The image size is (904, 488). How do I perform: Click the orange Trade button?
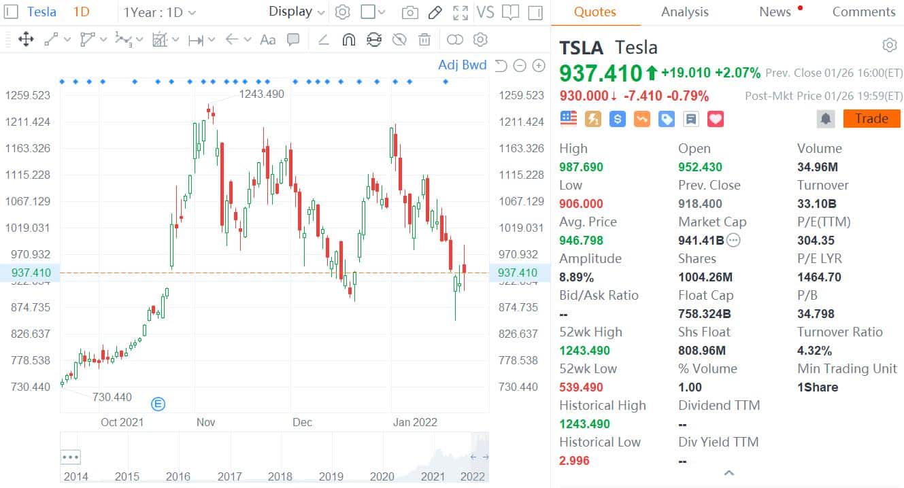coord(871,119)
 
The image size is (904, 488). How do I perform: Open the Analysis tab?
coord(684,12)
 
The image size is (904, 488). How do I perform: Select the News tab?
coord(775,12)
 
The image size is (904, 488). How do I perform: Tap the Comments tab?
coord(864,12)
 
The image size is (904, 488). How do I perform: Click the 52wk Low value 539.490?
coord(581,387)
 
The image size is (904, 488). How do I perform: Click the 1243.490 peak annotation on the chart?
coord(261,94)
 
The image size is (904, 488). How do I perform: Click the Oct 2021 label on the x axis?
coord(122,422)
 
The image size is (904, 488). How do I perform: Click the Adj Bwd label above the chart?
coord(463,65)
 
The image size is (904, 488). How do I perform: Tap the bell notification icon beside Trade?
coord(826,119)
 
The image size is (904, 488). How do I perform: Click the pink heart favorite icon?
coord(715,119)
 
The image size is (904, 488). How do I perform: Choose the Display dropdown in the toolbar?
coord(297,12)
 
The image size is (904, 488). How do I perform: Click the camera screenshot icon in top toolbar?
coord(409,12)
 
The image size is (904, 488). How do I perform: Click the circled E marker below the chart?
coord(158,404)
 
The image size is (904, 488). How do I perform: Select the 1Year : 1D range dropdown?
coord(160,12)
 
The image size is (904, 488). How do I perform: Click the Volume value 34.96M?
coord(818,167)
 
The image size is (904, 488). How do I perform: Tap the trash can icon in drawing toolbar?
coord(424,39)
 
